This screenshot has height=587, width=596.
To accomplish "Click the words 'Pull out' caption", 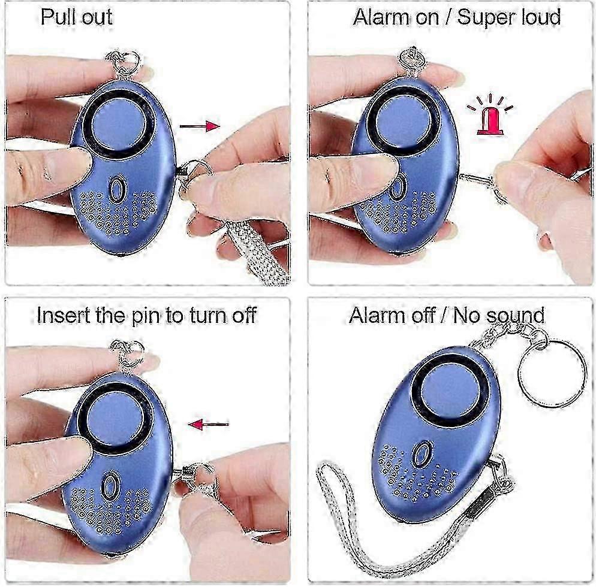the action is tap(76, 17).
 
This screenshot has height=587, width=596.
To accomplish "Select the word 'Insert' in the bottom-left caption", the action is tap(61, 315).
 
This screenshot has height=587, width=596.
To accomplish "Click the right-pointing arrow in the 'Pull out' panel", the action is tap(200, 126).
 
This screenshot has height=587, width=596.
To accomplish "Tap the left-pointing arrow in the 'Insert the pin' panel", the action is tap(209, 424).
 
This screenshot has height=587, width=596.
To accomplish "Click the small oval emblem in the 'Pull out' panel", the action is tap(116, 189).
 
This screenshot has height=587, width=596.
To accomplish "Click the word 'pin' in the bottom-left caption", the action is tap(147, 317).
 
